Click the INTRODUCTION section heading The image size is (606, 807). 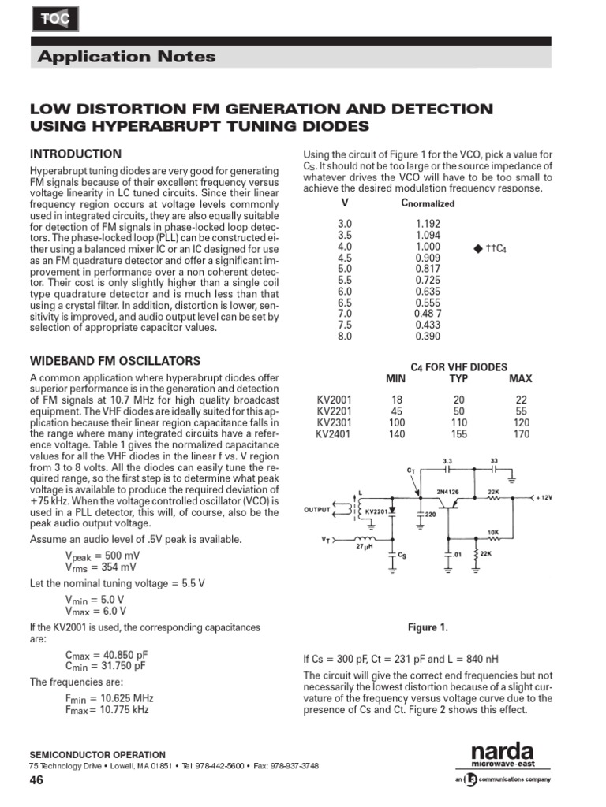pyautogui.click(x=76, y=154)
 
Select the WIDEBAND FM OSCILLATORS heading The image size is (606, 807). pyautogui.click(x=115, y=360)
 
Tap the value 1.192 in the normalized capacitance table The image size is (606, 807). pyautogui.click(x=428, y=224)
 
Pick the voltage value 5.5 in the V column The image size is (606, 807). pyautogui.click(x=345, y=280)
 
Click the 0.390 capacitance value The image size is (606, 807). pyautogui.click(x=428, y=337)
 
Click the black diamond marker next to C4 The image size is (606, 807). pyautogui.click(x=477, y=248)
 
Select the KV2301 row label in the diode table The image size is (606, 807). pyautogui.click(x=334, y=422)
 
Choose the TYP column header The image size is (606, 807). pyautogui.click(x=459, y=378)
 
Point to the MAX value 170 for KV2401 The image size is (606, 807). pyautogui.click(x=522, y=433)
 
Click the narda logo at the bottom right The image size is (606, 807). pyautogui.click(x=503, y=752)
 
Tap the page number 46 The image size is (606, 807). pyautogui.click(x=36, y=780)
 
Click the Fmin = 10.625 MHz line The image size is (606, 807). pyautogui.click(x=109, y=698)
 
